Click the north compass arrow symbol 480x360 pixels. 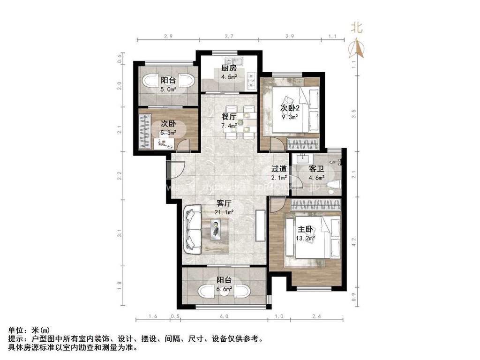357,47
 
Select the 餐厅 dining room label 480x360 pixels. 229,117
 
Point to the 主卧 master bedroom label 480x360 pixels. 306,230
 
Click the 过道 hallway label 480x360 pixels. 280,169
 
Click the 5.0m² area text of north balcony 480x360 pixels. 168,89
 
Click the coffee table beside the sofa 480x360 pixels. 217,230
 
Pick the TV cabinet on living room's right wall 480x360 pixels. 260,225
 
